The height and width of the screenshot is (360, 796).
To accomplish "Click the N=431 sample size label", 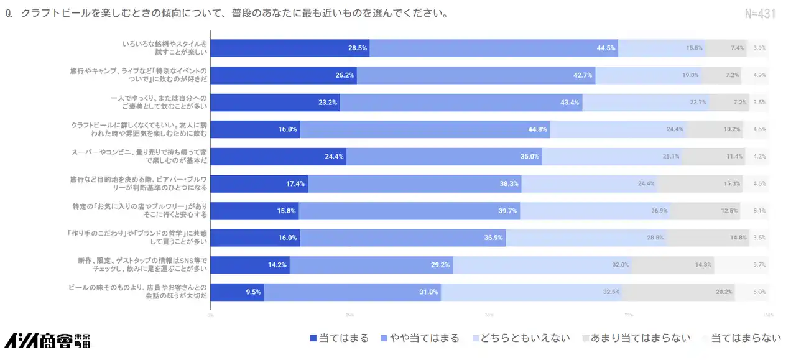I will pyautogui.click(x=760, y=14).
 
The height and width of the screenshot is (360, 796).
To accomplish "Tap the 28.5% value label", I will pyautogui.click(x=358, y=48).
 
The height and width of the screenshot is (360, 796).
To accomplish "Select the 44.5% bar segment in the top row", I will pyautogui.click(x=493, y=48).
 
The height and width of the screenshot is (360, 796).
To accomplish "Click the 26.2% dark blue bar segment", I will pyautogui.click(x=284, y=75).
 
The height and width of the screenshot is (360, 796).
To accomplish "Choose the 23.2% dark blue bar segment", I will pyautogui.click(x=275, y=102).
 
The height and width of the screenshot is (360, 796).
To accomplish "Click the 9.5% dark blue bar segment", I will pyautogui.click(x=237, y=292).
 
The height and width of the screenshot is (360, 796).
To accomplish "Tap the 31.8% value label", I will pyautogui.click(x=428, y=292).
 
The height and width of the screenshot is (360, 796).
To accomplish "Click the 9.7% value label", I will pyautogui.click(x=759, y=265).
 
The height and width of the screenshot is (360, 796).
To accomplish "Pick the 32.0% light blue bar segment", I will pyautogui.click(x=542, y=265).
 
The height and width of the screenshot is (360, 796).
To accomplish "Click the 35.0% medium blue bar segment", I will pyautogui.click(x=444, y=157).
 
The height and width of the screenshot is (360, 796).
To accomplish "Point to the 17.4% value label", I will pyautogui.click(x=295, y=183).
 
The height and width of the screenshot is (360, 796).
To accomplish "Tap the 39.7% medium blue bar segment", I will pyautogui.click(x=409, y=211).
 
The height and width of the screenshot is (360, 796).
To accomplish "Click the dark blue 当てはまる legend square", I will pyautogui.click(x=313, y=339).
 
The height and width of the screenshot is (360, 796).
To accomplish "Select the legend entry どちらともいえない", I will pyautogui.click(x=526, y=338).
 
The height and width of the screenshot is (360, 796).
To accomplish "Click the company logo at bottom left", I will pyautogui.click(x=47, y=339).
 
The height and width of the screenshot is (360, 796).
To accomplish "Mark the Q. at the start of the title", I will pyautogui.click(x=9, y=14).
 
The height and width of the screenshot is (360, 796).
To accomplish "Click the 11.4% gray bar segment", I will pyautogui.click(x=713, y=157).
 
